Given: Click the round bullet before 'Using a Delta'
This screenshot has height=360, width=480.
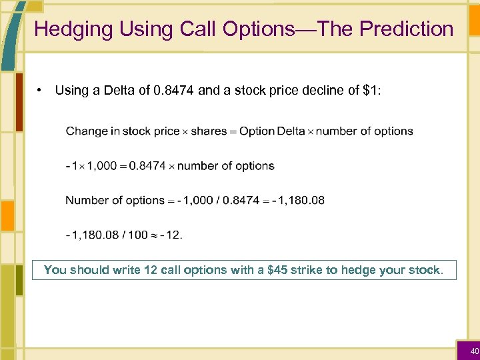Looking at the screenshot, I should click(41, 89).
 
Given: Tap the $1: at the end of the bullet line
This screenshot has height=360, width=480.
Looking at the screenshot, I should click(371, 90).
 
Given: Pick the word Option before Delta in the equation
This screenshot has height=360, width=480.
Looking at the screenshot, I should click(257, 131).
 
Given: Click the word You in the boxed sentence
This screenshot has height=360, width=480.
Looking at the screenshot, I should click(53, 270).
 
